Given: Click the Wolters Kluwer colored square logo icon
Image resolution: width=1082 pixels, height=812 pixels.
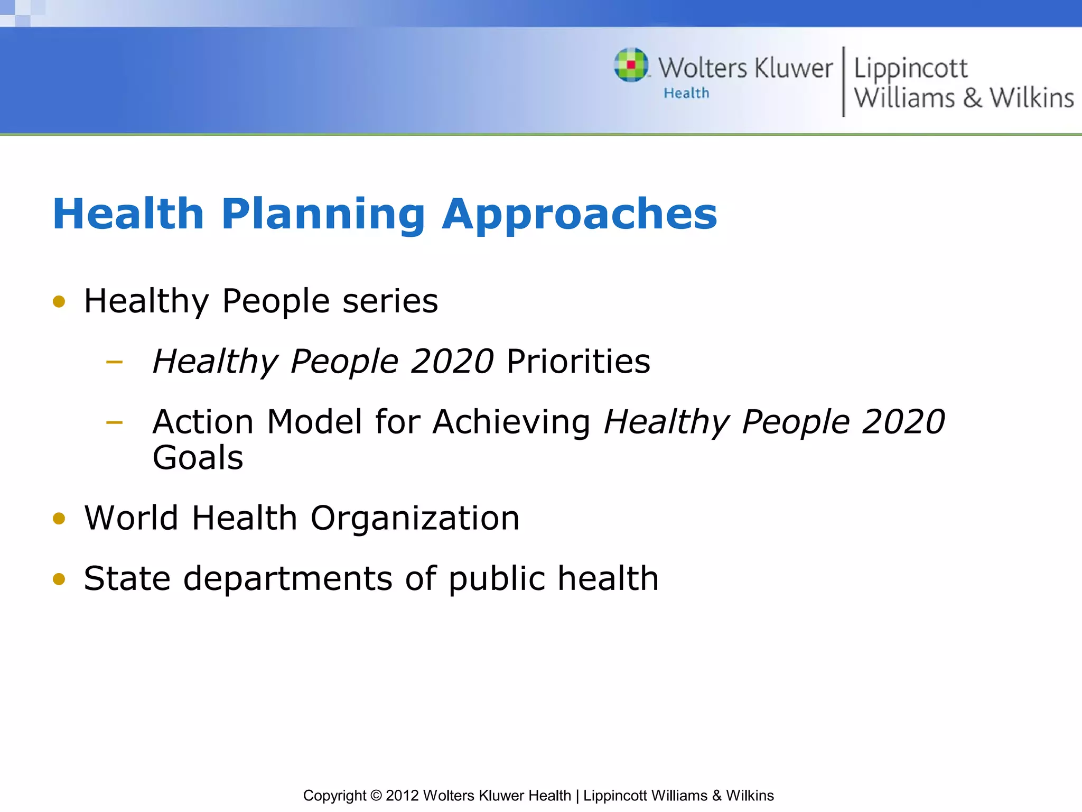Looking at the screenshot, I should coord(631,65).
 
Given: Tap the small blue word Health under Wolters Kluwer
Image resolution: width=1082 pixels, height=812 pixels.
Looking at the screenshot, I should coord(686,93).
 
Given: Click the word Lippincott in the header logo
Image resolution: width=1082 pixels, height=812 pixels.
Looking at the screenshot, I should coord(910,69).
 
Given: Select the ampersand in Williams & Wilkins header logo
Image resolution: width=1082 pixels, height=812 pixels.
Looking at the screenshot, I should coord(972,98).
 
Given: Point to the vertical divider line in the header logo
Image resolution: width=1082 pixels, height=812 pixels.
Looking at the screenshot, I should coord(844,81).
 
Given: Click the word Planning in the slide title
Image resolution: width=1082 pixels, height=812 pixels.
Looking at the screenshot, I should coord(323,214).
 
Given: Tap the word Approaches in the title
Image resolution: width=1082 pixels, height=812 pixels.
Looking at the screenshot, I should coord(580,214).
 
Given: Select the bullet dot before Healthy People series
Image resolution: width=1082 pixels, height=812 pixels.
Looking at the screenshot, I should coord(59,302).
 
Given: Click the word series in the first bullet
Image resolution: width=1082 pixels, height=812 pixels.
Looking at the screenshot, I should coord(390,301).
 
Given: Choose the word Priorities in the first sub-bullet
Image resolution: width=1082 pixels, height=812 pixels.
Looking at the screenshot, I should coord(578,362).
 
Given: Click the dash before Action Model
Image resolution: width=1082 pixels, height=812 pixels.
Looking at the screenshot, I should coord(114,422).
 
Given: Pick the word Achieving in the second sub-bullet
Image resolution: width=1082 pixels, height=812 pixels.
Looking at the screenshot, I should coord(511,422).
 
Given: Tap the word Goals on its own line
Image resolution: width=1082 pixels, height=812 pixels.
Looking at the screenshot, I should coord(198,458).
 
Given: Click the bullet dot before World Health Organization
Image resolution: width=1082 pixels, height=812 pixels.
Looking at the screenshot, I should coord(59,519).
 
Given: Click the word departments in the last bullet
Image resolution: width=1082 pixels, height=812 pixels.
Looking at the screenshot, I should coord(288,578).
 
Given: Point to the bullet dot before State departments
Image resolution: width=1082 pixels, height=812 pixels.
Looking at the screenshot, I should coord(59,579).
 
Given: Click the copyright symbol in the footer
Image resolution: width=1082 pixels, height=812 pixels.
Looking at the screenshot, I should coord(376,796).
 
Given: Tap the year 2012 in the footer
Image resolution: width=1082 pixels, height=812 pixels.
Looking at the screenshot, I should coord(402,796).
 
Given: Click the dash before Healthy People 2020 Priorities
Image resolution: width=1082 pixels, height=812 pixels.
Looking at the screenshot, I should coord(114,362).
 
